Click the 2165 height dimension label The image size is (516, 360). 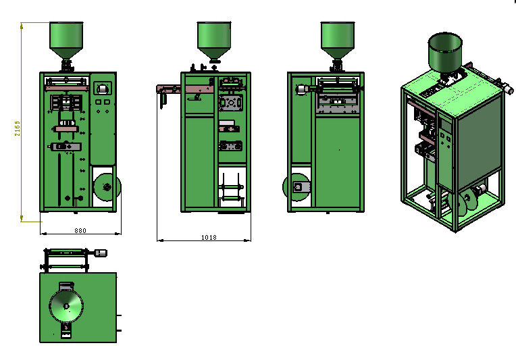pyautogui.click(x=18, y=128)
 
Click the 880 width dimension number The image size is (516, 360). pyautogui.click(x=80, y=231)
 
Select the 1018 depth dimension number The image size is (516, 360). pyautogui.click(x=209, y=237)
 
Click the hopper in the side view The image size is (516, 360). pyautogui.click(x=214, y=41)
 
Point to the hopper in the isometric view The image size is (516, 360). pyautogui.click(x=445, y=53)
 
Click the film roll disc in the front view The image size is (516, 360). pyautogui.click(x=107, y=187)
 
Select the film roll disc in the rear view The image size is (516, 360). pyautogui.click(x=296, y=187)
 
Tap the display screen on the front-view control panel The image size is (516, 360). pyautogui.click(x=103, y=88)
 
